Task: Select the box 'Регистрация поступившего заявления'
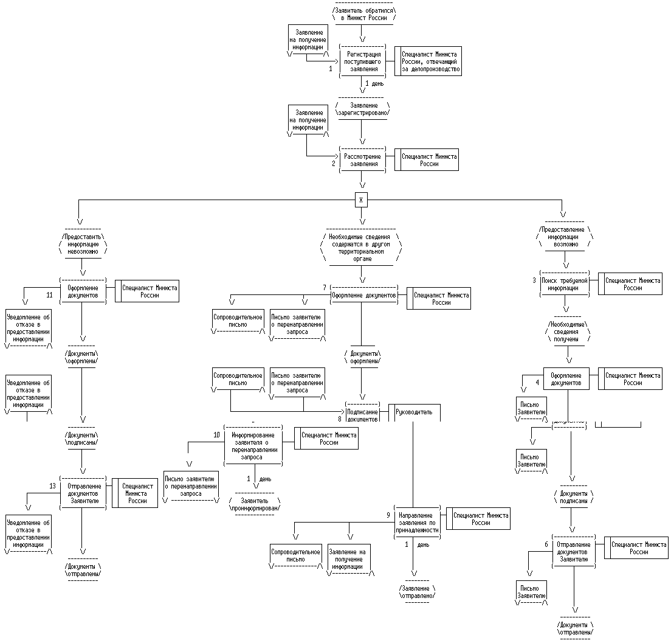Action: click(x=363, y=61)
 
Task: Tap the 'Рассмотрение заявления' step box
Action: click(x=363, y=160)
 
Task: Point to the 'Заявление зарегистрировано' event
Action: click(x=362, y=109)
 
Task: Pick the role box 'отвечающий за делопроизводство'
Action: click(x=431, y=61)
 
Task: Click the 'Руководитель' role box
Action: click(x=414, y=412)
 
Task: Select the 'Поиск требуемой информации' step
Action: click(x=565, y=284)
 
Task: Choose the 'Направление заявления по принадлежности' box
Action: click(x=416, y=518)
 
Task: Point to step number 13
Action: click(x=53, y=486)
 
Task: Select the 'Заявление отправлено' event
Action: click(x=418, y=592)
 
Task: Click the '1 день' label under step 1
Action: click(x=374, y=83)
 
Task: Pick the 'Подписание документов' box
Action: click(x=363, y=412)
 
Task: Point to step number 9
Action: click(x=388, y=515)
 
